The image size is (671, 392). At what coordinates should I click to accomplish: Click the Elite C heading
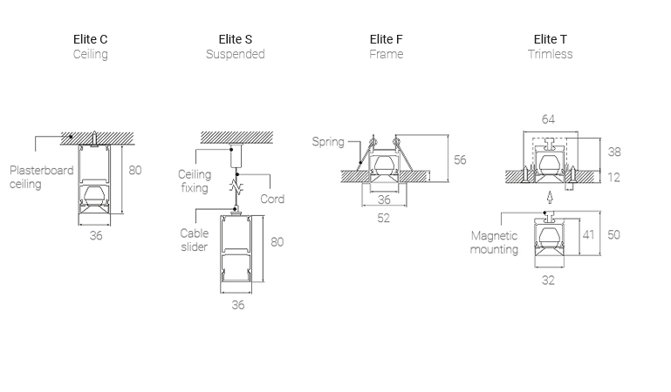click(x=91, y=39)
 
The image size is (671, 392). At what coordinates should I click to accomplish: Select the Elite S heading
click(x=236, y=39)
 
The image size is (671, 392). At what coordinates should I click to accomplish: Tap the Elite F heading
click(x=386, y=39)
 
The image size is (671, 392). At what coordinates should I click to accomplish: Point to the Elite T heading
click(x=550, y=39)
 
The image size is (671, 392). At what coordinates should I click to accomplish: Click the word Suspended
click(x=236, y=54)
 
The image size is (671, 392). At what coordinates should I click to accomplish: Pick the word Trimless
click(x=550, y=54)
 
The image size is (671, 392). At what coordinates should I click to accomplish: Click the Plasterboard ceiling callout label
click(x=41, y=177)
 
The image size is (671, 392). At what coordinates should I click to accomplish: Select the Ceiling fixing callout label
click(x=195, y=181)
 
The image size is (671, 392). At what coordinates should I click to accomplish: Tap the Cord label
click(x=272, y=199)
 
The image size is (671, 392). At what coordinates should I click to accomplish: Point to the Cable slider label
click(x=195, y=240)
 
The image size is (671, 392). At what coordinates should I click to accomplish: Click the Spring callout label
click(x=328, y=142)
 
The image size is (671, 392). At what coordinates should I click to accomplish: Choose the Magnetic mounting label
click(x=494, y=242)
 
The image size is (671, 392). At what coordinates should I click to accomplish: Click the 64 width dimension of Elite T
click(x=548, y=119)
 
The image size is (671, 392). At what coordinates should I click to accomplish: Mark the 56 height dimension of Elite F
click(x=461, y=159)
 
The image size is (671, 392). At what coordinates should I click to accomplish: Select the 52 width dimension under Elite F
click(x=384, y=218)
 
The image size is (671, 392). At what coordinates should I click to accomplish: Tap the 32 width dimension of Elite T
click(x=548, y=280)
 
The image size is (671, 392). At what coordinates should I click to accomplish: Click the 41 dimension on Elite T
click(x=589, y=234)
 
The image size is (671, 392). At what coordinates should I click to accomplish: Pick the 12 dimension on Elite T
click(x=614, y=177)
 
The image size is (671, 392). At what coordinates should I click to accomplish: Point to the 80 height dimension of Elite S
click(x=277, y=241)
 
